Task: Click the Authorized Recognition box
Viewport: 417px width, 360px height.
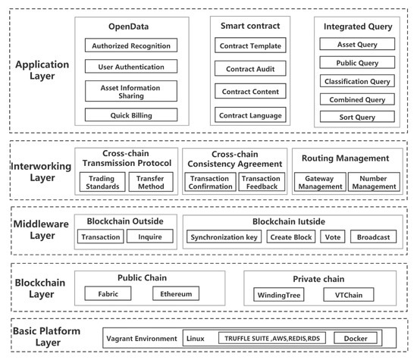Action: point(131,45)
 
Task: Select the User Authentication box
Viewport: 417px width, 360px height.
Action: point(131,67)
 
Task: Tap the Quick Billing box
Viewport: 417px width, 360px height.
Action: point(131,114)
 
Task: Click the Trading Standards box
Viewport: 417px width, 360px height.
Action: point(101,183)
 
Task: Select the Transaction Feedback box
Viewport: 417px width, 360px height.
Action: point(260,183)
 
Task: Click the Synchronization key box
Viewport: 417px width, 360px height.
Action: point(222,237)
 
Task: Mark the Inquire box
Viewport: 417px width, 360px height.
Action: point(149,237)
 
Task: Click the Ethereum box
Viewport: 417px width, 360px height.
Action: point(177,293)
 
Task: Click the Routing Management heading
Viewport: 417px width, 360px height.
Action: point(346,159)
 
